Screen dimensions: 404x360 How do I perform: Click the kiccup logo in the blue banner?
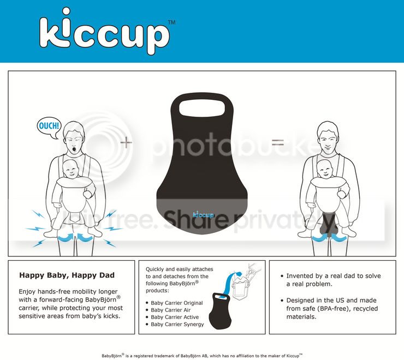[104, 32]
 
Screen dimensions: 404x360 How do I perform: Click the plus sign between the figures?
[126, 142]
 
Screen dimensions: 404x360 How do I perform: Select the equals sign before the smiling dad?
[278, 142]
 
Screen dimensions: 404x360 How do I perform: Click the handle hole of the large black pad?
[202, 108]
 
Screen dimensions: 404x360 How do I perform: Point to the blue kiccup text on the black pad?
[203, 214]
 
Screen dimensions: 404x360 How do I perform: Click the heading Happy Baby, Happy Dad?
[67, 275]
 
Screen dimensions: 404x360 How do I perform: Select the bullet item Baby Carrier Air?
[170, 310]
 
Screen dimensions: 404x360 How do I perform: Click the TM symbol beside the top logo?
[172, 22]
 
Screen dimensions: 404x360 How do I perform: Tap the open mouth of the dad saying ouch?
[75, 149]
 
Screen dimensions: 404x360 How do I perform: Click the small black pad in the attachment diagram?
[219, 311]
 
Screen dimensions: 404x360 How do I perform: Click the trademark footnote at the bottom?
[202, 356]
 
